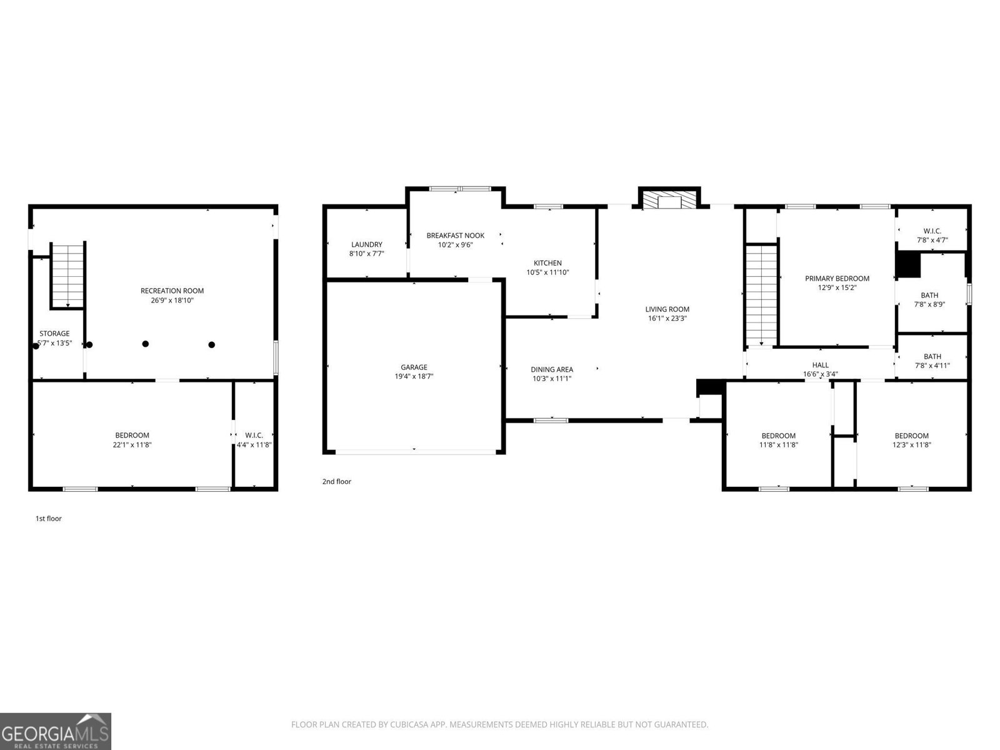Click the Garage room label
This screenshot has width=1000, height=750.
tap(414, 367)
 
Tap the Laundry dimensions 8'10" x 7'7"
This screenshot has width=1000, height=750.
tap(366, 254)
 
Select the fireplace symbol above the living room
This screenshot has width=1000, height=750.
tap(669, 200)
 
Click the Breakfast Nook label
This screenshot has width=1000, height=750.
tap(455, 236)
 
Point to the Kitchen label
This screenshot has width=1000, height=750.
tap(547, 263)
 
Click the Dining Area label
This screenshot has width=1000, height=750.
tap(552, 369)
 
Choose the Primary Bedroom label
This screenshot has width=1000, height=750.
tap(837, 279)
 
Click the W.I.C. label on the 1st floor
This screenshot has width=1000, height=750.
tap(254, 435)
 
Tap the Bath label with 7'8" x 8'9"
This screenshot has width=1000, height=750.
tap(929, 296)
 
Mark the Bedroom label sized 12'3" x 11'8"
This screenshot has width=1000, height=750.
tap(911, 436)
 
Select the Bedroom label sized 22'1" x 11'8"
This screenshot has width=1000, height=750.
tap(132, 436)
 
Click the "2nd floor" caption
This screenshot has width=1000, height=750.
tap(336, 482)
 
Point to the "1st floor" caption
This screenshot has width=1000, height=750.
tap(48, 519)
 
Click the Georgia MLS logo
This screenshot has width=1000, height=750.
tap(56, 731)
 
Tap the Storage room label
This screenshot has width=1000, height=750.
tap(54, 334)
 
